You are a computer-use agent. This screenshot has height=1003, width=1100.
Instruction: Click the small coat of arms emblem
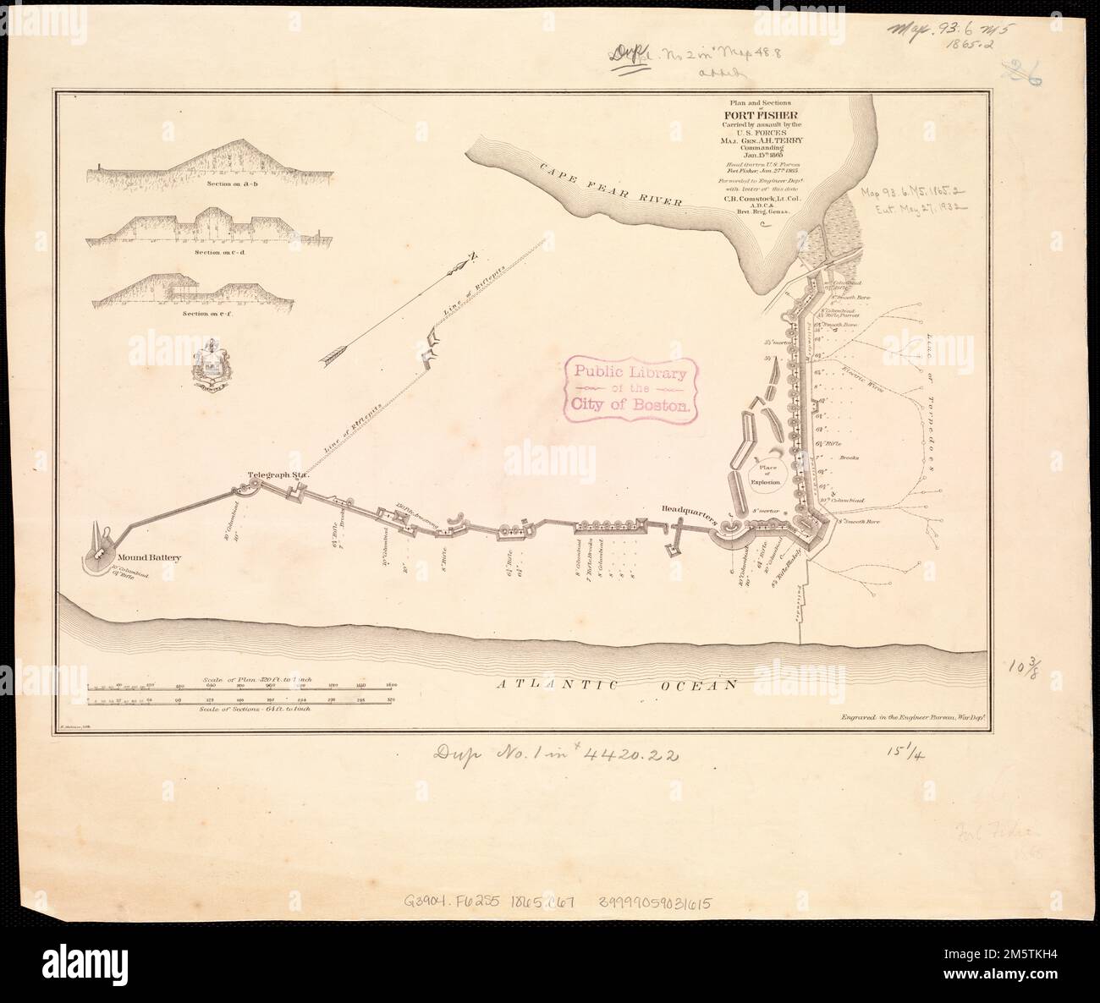click(211, 364)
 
